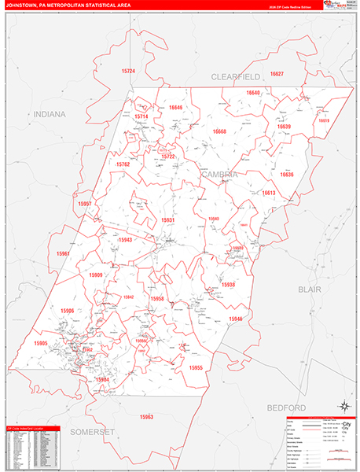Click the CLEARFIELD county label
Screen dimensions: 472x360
click(x=235, y=76)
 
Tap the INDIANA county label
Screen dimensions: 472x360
click(x=50, y=114)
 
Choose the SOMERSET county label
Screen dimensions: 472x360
click(x=94, y=432)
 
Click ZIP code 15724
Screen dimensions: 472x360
click(x=128, y=72)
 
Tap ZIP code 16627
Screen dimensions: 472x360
click(x=277, y=74)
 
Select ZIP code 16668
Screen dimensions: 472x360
click(x=219, y=131)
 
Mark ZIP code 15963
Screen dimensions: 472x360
click(x=146, y=416)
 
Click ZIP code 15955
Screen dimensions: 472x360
click(x=196, y=367)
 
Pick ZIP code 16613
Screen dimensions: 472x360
click(x=270, y=193)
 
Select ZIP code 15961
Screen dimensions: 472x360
click(x=64, y=253)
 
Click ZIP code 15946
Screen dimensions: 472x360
click(x=236, y=319)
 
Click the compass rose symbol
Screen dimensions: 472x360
click(x=343, y=406)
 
